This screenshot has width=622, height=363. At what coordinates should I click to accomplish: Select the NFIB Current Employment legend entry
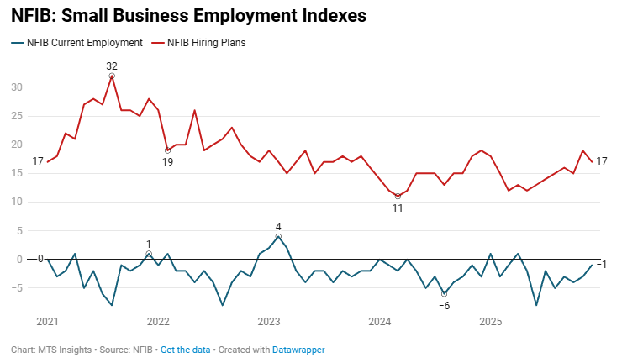[x=78, y=42]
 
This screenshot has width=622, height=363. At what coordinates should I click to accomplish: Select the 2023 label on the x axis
[x=268, y=321]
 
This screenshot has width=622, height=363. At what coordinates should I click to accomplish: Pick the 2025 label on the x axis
[x=490, y=321]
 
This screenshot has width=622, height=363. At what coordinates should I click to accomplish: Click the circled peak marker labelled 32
[x=112, y=76]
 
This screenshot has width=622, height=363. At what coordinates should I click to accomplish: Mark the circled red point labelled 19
[x=167, y=150]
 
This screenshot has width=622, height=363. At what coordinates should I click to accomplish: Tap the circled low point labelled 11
[x=398, y=196]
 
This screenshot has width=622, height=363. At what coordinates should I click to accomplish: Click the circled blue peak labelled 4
[x=278, y=237]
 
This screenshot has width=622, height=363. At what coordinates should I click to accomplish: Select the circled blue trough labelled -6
[x=444, y=293]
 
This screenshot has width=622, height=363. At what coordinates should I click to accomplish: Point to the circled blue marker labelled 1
[x=149, y=254]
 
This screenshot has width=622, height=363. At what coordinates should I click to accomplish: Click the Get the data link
[x=185, y=350]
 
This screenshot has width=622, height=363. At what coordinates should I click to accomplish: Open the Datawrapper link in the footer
[x=298, y=350]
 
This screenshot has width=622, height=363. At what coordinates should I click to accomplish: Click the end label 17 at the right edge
[x=602, y=161]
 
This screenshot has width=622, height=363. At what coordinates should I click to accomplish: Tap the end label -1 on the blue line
[x=602, y=265]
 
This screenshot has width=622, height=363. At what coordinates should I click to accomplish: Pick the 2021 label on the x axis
[x=48, y=321]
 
